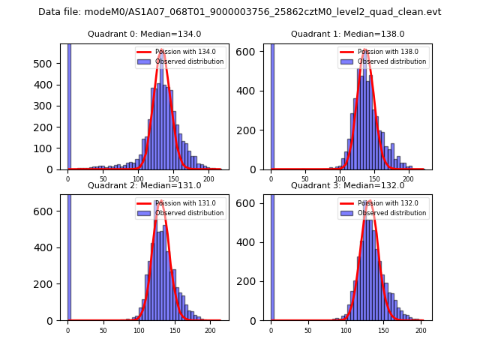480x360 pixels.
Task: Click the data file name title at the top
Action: (239, 12)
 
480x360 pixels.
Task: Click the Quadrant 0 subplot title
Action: (144, 34)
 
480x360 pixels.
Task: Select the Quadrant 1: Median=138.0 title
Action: (347, 34)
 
